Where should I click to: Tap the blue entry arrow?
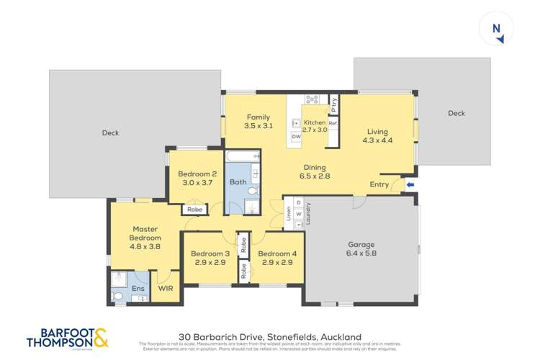pos(410,184)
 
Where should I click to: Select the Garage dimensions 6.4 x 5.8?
pos(361,253)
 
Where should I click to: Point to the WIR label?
pos(166,289)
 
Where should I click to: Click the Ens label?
pos(137,289)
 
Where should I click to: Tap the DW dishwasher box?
pos(296,136)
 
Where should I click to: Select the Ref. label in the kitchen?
pos(333,123)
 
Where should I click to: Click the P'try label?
pos(334,103)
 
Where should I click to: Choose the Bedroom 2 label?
pos(198,174)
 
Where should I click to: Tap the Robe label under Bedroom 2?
pos(194,210)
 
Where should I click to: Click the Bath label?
pos(238,182)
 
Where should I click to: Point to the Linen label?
pos(287,214)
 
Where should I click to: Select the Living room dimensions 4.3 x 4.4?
pos(377,141)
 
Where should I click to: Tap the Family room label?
pos(258,117)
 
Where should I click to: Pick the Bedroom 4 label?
pos(277,253)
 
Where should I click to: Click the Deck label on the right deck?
pos(456,113)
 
